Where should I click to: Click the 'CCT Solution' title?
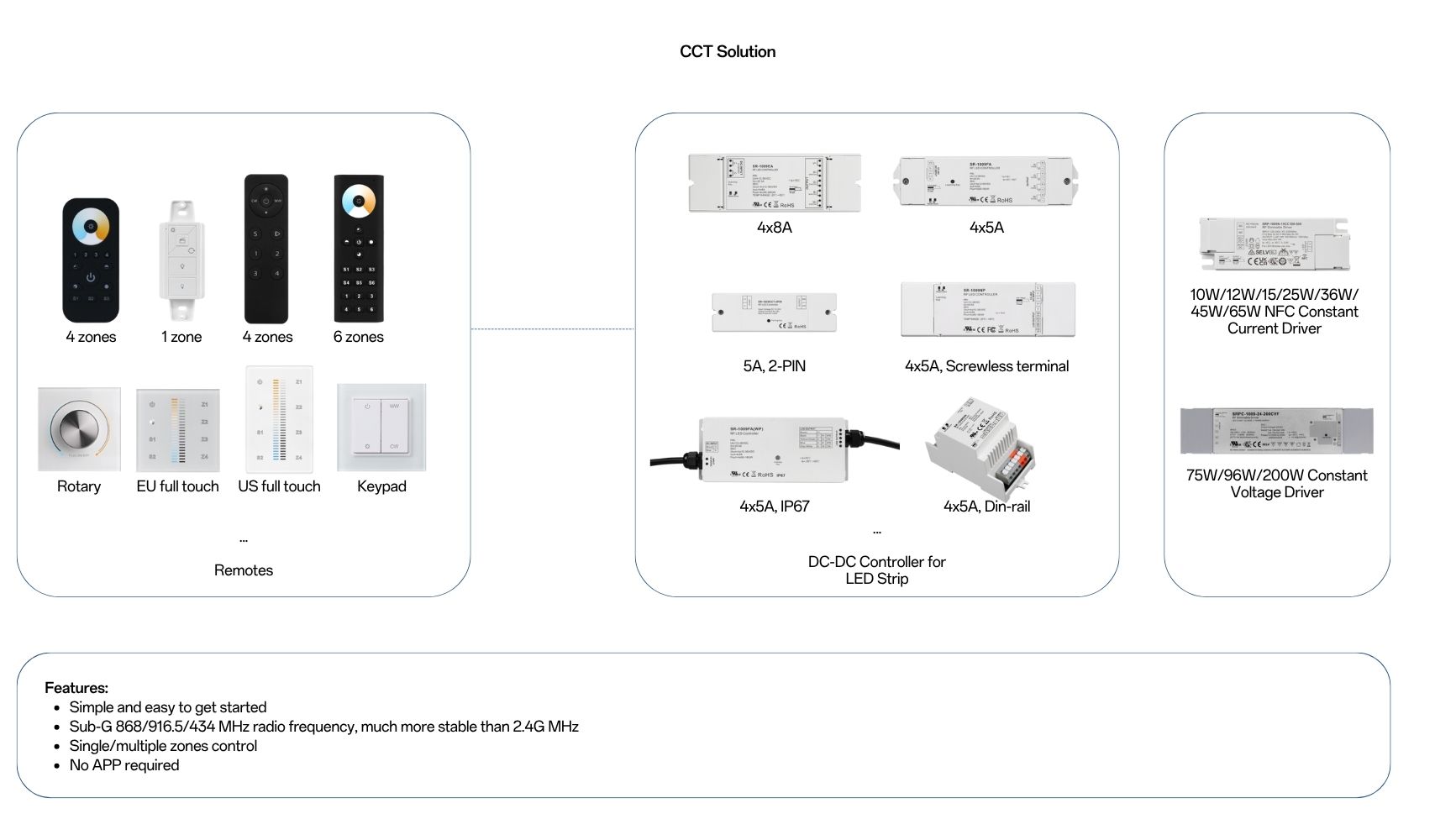(x=727, y=51)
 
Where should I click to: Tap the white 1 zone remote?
(x=182, y=260)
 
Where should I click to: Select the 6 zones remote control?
(x=359, y=248)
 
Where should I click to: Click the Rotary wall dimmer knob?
(x=79, y=428)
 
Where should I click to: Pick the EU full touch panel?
(x=178, y=430)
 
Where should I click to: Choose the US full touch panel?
(x=279, y=419)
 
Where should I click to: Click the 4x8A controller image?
(x=774, y=182)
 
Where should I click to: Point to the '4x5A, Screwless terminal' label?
(x=986, y=366)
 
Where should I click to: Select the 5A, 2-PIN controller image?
(x=774, y=312)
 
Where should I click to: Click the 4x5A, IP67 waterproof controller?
(x=774, y=449)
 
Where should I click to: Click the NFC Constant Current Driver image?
(x=1274, y=244)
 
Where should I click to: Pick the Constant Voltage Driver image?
(x=1276, y=430)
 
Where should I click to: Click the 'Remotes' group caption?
(x=243, y=570)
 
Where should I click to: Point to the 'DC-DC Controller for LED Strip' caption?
(x=876, y=570)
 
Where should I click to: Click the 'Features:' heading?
(x=76, y=688)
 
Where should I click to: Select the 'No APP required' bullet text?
(x=124, y=765)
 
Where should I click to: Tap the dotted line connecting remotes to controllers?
(x=552, y=329)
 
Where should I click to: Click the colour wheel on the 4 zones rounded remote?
(x=91, y=227)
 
